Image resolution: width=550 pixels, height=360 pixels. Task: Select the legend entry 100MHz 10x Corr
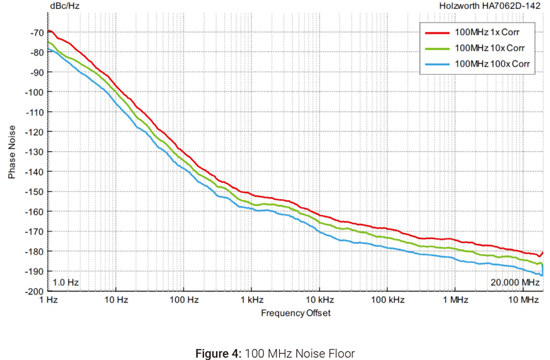(488, 48)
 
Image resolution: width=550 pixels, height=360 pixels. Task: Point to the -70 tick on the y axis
(35, 32)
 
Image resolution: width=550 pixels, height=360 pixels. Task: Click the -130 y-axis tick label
(33, 152)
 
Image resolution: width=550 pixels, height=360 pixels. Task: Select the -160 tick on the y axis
(33, 212)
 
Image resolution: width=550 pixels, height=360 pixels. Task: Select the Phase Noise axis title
(12, 152)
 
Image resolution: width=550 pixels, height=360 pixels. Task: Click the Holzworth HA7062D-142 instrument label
(491, 7)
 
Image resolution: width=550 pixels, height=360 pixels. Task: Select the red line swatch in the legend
(437, 32)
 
